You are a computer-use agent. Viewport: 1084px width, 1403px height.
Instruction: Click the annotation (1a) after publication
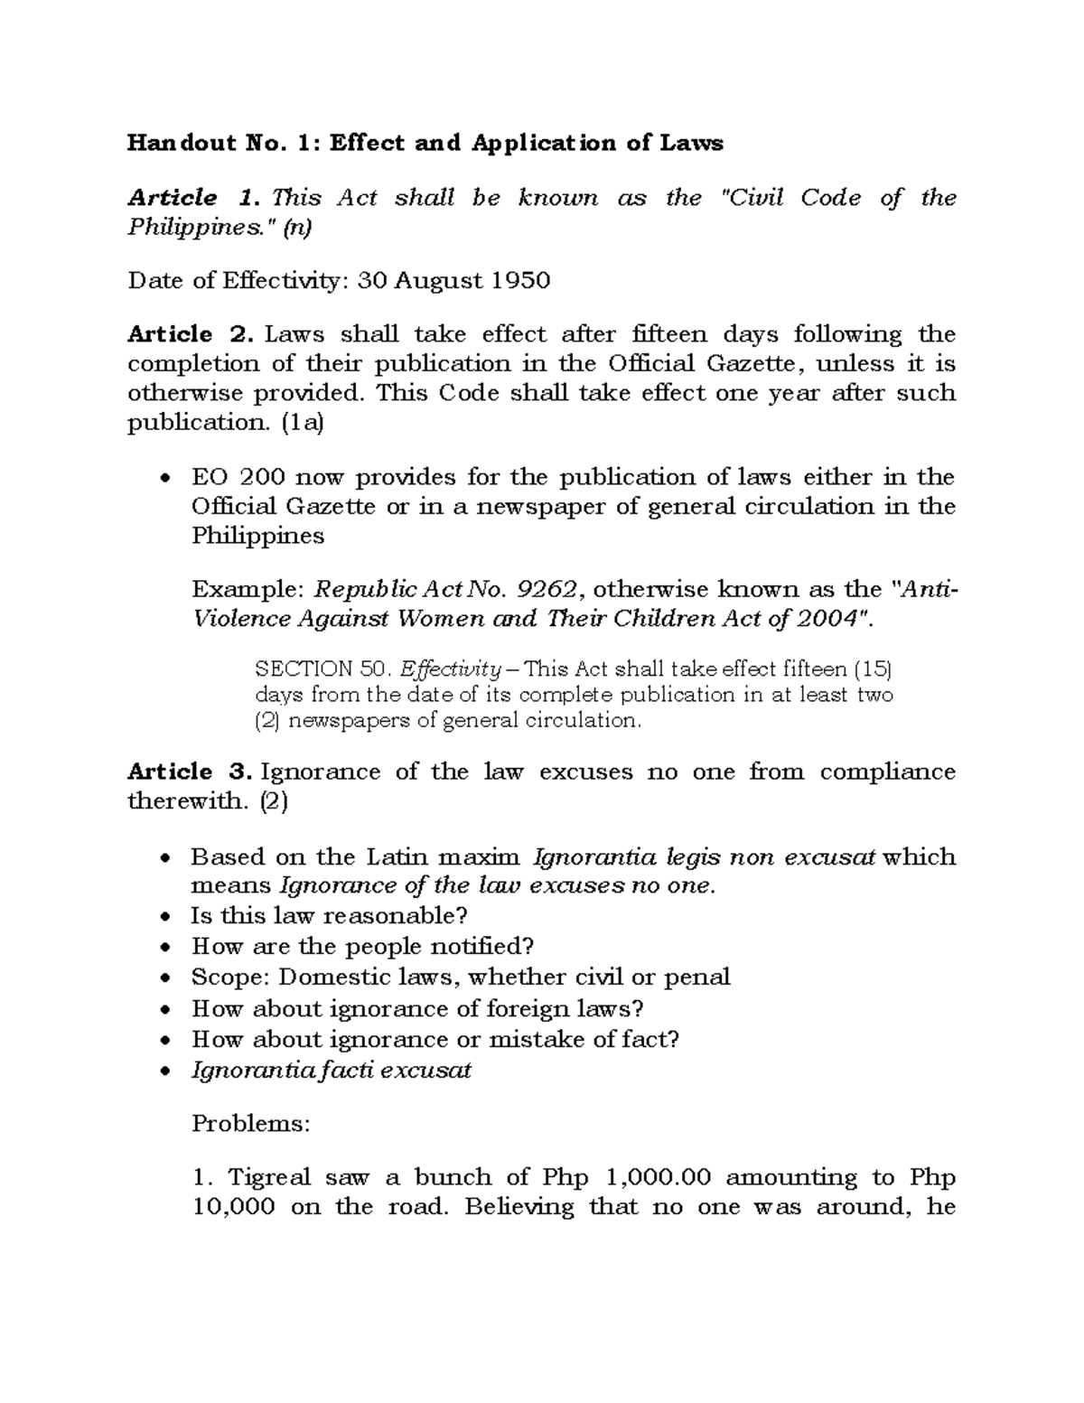click(302, 422)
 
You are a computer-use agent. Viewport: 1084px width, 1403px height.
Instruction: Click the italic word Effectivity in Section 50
click(449, 670)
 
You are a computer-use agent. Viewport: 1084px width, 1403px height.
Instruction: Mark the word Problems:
click(250, 1124)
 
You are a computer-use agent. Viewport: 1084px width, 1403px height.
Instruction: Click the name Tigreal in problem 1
click(268, 1177)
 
